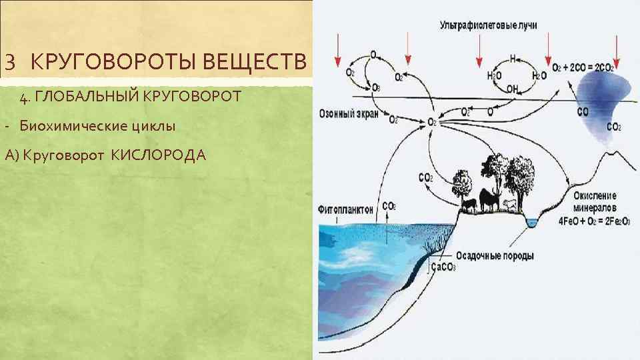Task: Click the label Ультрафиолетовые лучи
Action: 488,25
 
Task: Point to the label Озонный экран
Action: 349,114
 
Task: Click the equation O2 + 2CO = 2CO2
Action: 582,68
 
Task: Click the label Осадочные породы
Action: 495,255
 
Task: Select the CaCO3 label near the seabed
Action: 443,267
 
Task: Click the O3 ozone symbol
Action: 377,87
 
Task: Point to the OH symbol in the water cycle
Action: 512,88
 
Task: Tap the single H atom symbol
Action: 513,58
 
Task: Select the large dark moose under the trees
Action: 489,200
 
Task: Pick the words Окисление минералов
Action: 595,201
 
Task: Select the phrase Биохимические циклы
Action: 97,126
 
